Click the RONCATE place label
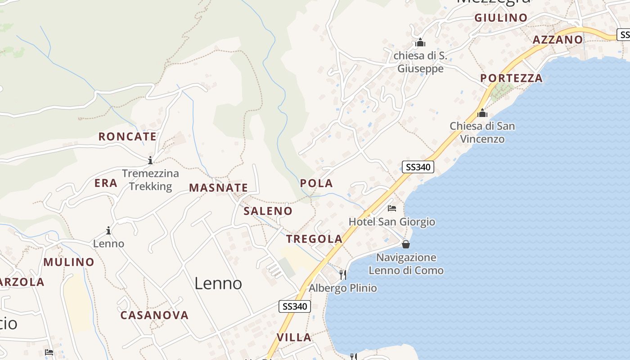pyautogui.click(x=127, y=136)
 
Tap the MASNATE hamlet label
pyautogui.click(x=218, y=188)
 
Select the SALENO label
pyautogui.click(x=268, y=211)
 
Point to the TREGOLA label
pyautogui.click(x=315, y=239)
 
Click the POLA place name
pyautogui.click(x=316, y=183)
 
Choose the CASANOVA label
pyautogui.click(x=154, y=315)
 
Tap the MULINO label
pyautogui.click(x=69, y=262)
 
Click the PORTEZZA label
pyautogui.click(x=511, y=78)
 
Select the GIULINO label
pyautogui.click(x=501, y=18)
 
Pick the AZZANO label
pyautogui.click(x=558, y=40)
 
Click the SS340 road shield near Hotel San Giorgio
pyautogui.click(x=418, y=167)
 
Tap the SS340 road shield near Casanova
pyautogui.click(x=295, y=306)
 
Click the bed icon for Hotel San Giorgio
pyautogui.click(x=392, y=208)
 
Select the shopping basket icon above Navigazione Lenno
pyautogui.click(x=406, y=244)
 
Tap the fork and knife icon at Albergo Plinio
pyautogui.click(x=343, y=274)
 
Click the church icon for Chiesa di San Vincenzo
pyautogui.click(x=482, y=113)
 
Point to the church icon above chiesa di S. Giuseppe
pyautogui.click(x=420, y=43)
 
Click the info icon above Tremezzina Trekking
pyautogui.click(x=150, y=160)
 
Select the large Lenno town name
pyautogui.click(x=218, y=283)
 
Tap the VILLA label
pyautogui.click(x=294, y=337)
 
